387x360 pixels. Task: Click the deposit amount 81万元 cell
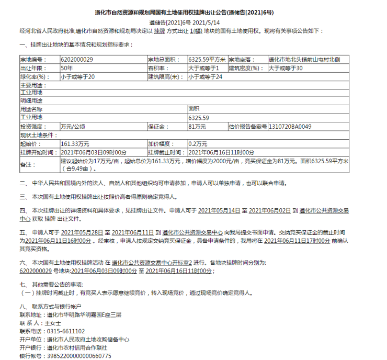(198, 127)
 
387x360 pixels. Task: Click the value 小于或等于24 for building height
(205, 77)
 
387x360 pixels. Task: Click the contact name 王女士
(53, 323)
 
